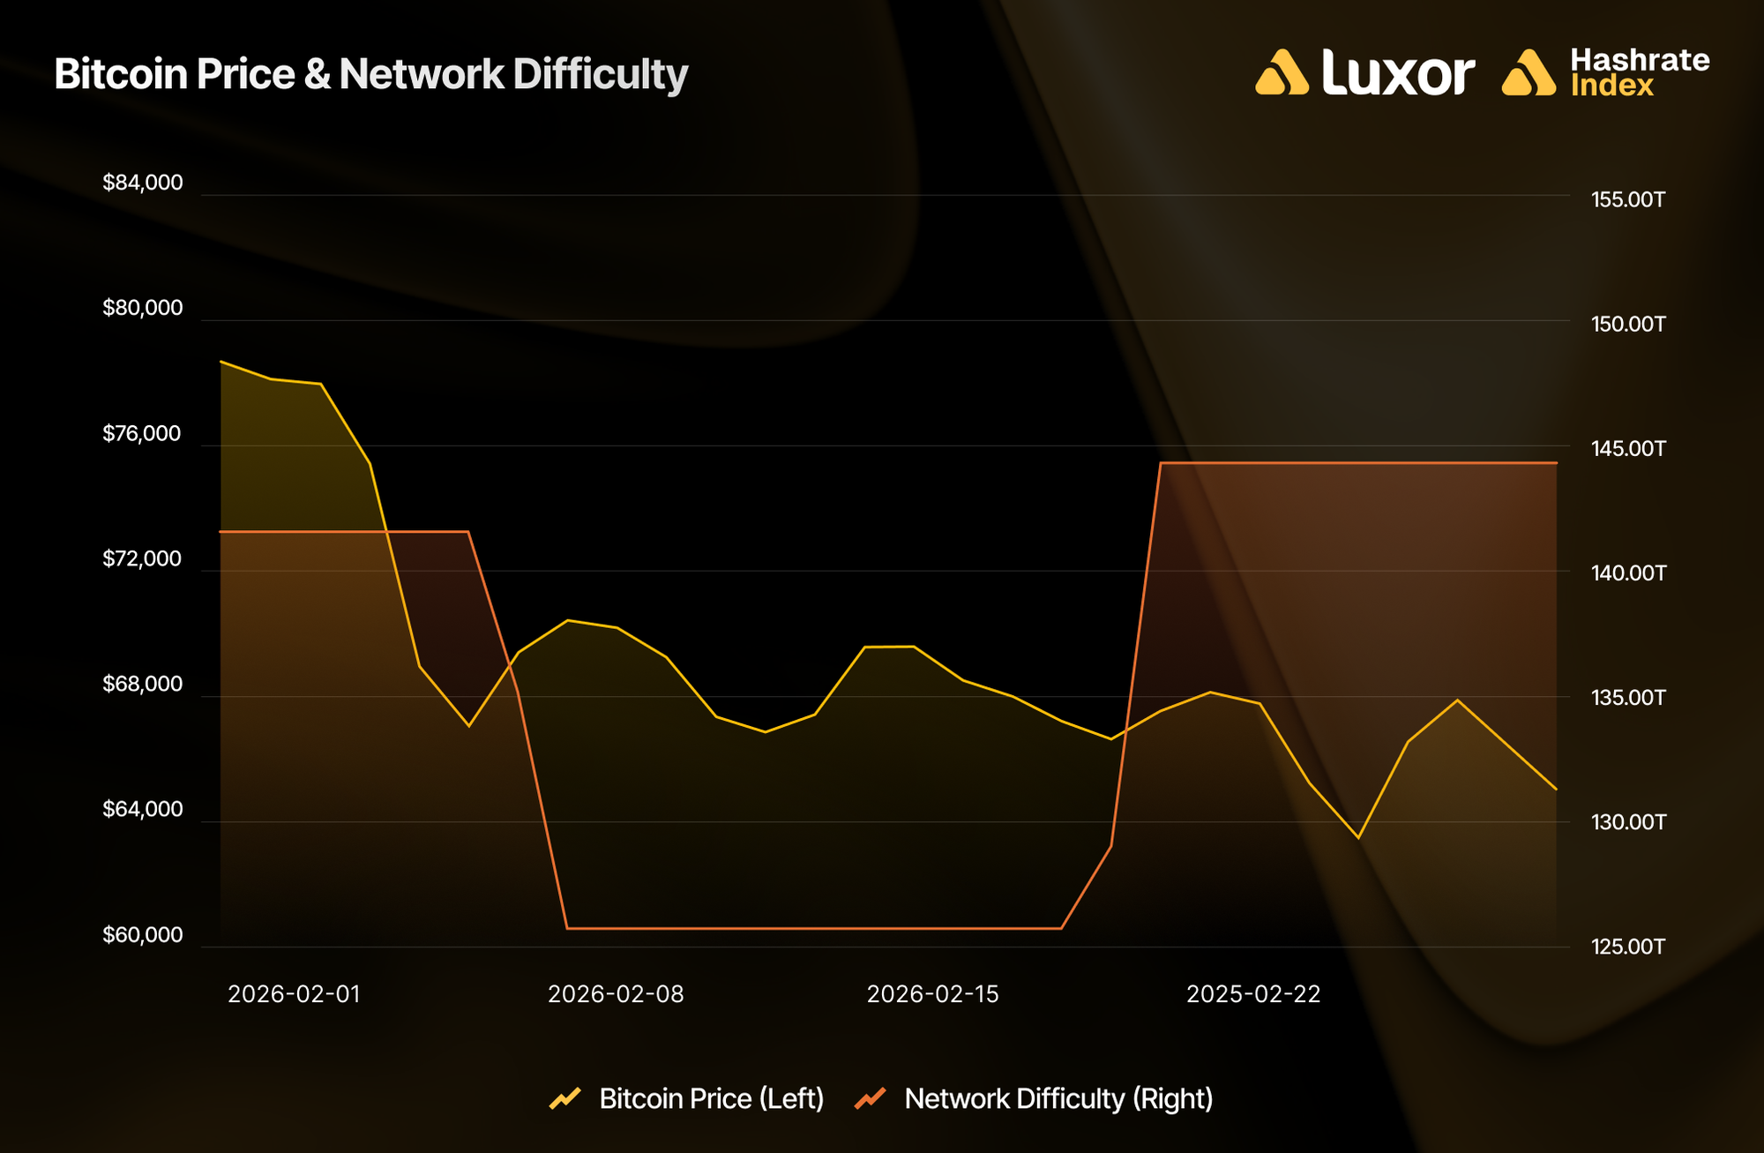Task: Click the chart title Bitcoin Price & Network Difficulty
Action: (370, 74)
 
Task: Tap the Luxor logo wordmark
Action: (1397, 72)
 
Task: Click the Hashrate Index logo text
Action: (1639, 72)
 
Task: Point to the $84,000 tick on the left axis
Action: (143, 183)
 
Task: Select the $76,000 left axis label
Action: (142, 433)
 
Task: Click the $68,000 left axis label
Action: (143, 684)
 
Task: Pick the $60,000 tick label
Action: (143, 934)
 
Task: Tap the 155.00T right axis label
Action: (1628, 199)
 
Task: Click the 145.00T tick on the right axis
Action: (1628, 448)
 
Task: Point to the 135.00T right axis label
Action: (1628, 698)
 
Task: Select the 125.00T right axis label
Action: (1628, 947)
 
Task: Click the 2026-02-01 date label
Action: (294, 994)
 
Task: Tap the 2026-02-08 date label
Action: (616, 994)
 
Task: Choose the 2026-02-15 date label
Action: (933, 994)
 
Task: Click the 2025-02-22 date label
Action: (1253, 994)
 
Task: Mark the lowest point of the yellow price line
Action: (1358, 837)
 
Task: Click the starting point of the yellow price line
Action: (220, 362)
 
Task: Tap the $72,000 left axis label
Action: (143, 558)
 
